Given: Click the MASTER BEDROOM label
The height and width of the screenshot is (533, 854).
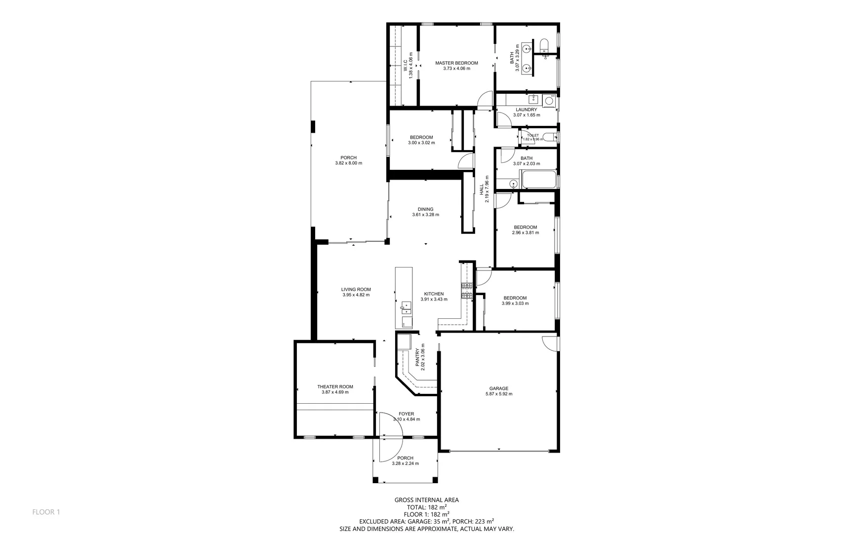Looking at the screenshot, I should pos(456,63).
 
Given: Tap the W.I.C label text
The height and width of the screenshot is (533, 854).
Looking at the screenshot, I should pos(405,65).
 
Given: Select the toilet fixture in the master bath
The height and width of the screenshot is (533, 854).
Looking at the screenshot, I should pos(544,45).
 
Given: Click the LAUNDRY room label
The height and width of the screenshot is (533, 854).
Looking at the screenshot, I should pos(526,110).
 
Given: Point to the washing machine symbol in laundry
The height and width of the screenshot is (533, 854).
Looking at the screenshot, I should pos(549,101).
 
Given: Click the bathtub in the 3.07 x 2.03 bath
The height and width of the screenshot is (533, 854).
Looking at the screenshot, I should pos(538,180).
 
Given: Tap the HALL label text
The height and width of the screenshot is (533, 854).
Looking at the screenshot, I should pos(482,190).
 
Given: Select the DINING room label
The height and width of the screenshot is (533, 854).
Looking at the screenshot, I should pos(425,209).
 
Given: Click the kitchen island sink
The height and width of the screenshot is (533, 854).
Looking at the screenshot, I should pos(405,308).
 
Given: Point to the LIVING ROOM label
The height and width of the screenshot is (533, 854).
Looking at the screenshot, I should pos(356,290).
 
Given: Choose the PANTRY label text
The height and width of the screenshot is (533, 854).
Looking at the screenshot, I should pos(417,357).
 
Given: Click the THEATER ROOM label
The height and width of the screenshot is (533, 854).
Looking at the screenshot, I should pos(335,387).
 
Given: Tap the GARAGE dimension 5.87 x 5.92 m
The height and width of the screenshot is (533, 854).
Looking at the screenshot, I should pos(498,394).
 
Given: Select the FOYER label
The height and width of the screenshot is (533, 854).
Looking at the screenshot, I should pos(406,414).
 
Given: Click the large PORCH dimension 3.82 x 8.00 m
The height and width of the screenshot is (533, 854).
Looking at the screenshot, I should pos(348,163).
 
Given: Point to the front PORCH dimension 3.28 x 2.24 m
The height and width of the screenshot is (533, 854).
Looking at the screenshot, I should pos(405,463).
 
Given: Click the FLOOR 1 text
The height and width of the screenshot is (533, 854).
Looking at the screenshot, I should pos(46,512).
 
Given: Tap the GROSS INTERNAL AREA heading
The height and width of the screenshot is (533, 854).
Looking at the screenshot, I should pos(426,500).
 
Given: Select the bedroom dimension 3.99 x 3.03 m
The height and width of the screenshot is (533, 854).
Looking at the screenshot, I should pos(515,304).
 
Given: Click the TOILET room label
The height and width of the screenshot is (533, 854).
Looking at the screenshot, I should pos(532,135).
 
